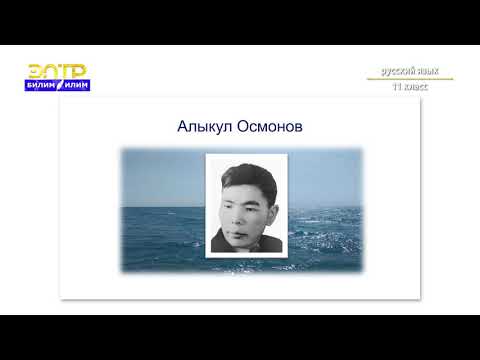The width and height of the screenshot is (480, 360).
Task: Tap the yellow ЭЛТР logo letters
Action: tap(56, 71)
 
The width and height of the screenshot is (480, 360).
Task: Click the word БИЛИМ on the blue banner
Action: tap(44, 86)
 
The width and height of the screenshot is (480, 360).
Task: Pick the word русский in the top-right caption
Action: tap(399, 72)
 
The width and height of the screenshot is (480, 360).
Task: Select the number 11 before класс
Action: tap(398, 87)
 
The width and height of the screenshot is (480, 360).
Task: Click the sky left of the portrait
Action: tap(160, 175)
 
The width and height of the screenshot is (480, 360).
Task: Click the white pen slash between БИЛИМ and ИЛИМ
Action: tap(62, 86)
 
